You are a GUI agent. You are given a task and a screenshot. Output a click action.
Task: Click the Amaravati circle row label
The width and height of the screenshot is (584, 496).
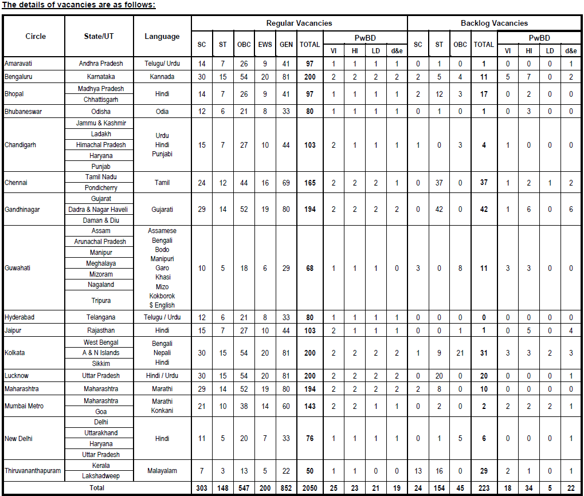click(18, 64)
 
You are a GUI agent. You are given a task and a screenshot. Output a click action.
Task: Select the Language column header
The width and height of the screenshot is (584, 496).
click(162, 36)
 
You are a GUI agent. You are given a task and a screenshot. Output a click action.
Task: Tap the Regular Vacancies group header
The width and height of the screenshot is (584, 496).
click(299, 23)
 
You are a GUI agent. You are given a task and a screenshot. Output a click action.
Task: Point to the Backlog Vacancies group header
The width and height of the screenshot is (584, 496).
click(494, 23)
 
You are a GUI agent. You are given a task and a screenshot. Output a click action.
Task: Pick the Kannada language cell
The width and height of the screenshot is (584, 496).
click(162, 76)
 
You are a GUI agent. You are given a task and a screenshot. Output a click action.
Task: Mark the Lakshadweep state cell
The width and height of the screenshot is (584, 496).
click(101, 476)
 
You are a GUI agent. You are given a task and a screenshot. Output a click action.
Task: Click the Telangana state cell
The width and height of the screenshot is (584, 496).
click(101, 317)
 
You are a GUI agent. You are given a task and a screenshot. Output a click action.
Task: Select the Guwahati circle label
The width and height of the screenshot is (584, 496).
click(18, 267)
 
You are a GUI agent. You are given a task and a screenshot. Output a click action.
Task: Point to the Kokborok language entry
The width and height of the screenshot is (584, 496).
click(162, 296)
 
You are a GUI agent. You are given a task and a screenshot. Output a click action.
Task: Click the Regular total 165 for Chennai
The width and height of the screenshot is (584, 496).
click(309, 183)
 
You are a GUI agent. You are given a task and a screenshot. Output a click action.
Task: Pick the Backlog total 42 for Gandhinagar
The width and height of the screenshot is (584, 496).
click(484, 210)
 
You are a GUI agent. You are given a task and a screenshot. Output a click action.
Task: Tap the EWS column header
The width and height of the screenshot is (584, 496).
click(265, 45)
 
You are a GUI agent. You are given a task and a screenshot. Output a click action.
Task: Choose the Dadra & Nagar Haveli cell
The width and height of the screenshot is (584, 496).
click(101, 210)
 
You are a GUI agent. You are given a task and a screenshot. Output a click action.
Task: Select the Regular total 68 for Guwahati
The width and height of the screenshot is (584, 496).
click(309, 267)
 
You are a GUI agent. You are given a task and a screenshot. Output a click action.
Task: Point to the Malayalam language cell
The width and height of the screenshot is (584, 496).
click(162, 471)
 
